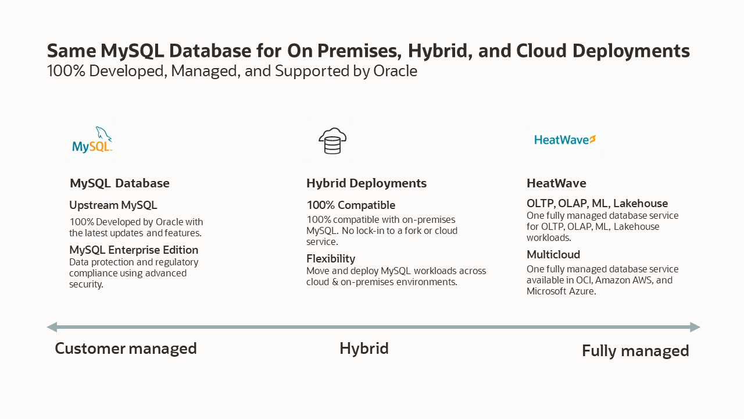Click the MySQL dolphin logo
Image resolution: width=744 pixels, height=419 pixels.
point(92,140)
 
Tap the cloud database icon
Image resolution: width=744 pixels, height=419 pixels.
point(332,141)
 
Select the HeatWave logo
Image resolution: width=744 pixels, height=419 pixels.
point(565,140)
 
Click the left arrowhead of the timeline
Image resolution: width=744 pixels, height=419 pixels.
point(52,327)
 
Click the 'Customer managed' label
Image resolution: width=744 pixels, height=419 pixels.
point(126,349)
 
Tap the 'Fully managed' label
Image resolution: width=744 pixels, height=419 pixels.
point(635,351)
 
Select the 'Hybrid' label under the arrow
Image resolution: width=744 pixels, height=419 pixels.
point(364,349)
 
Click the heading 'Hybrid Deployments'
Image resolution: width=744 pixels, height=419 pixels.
point(366,183)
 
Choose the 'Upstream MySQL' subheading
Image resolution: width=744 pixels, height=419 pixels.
point(113,205)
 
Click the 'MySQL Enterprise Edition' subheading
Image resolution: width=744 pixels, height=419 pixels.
point(134,250)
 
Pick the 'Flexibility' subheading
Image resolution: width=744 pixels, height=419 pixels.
point(331,259)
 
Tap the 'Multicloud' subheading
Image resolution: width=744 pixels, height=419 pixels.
point(553,255)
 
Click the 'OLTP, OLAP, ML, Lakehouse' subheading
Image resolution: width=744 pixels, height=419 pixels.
point(597,204)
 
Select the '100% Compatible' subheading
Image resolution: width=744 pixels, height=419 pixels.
point(351,205)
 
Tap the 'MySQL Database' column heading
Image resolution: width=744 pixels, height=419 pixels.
point(120,183)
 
